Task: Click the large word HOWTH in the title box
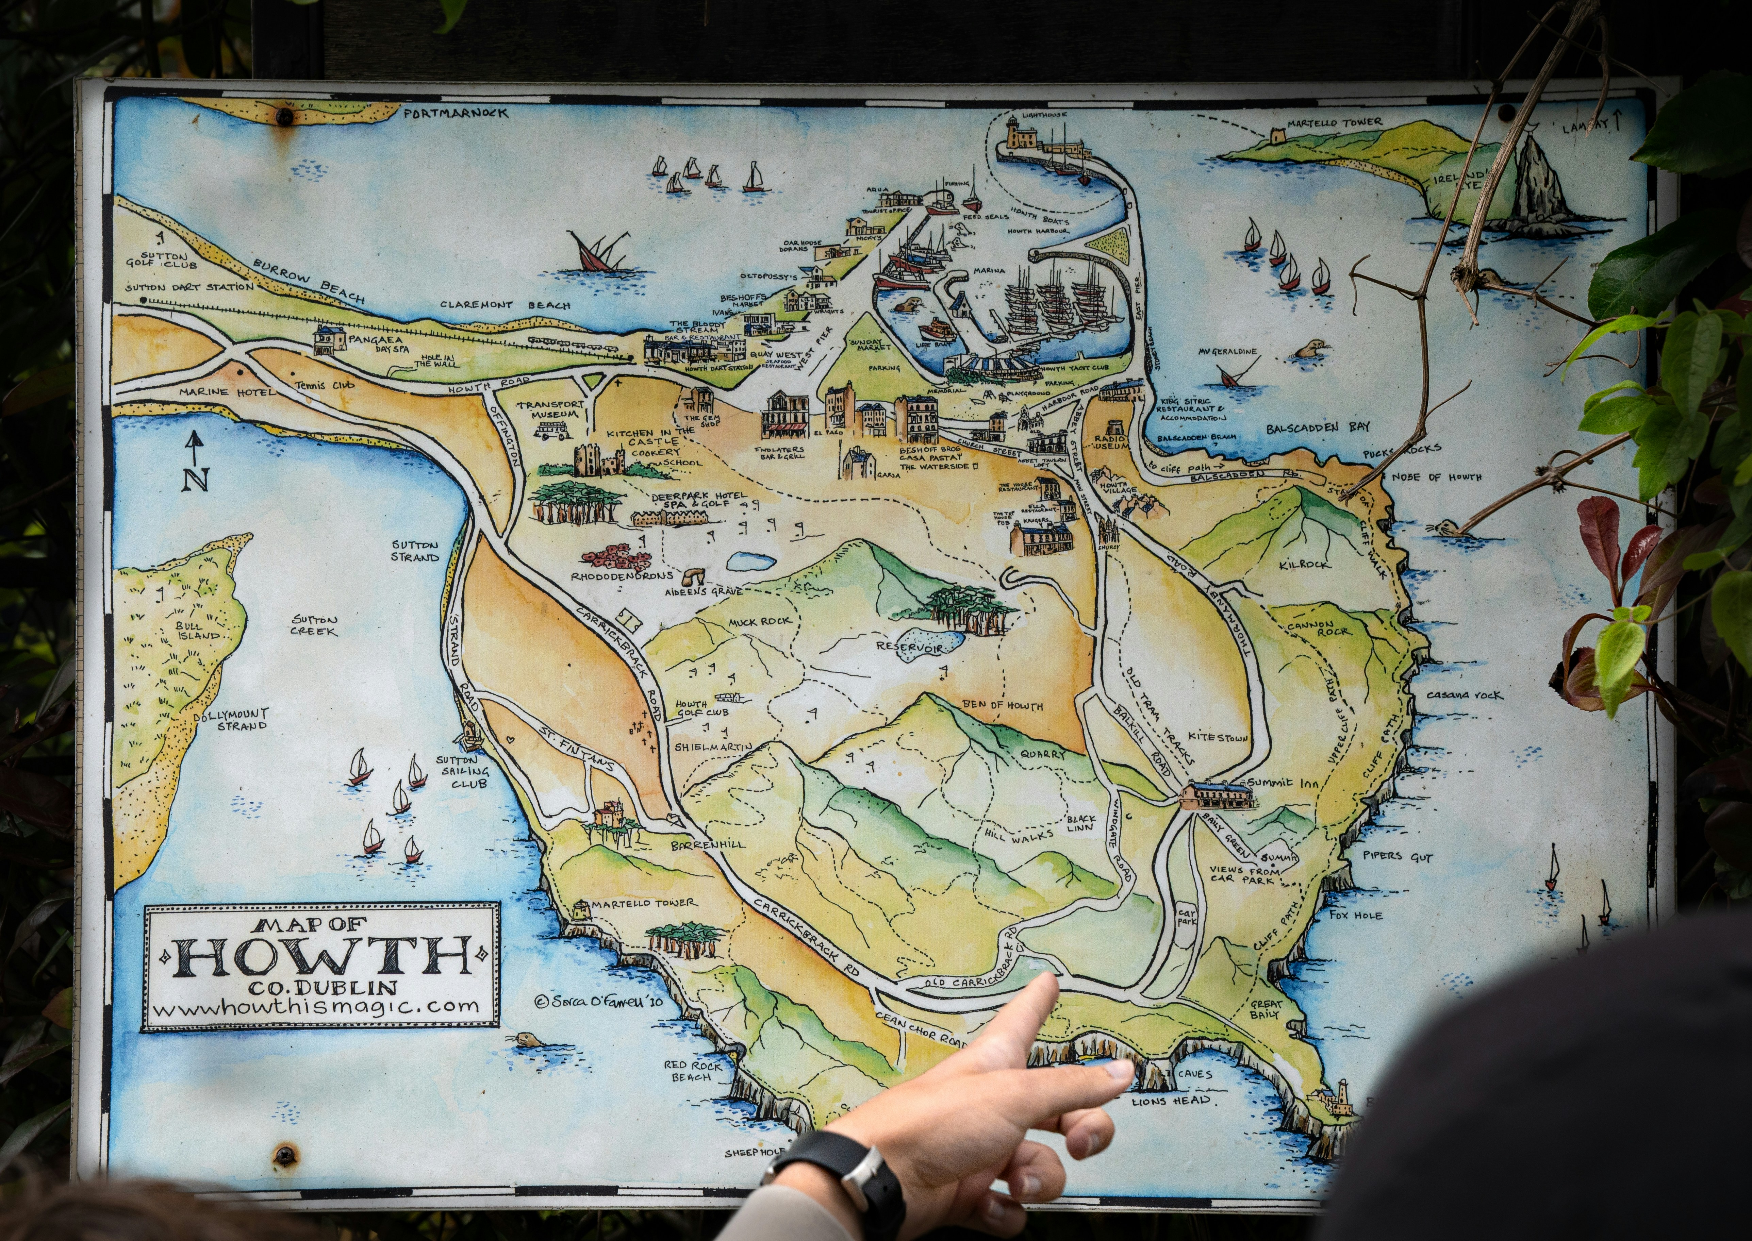point(321,957)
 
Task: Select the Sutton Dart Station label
point(189,287)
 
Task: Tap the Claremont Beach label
point(505,305)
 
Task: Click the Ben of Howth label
point(1001,705)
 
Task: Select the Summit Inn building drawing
point(1217,795)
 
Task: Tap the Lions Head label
point(1171,1101)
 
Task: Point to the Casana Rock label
point(1464,695)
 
